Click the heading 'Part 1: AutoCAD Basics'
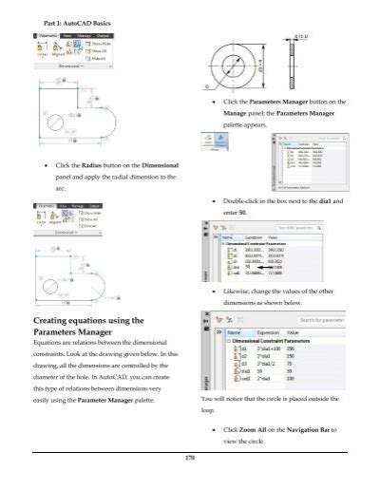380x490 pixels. [x=72, y=22]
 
